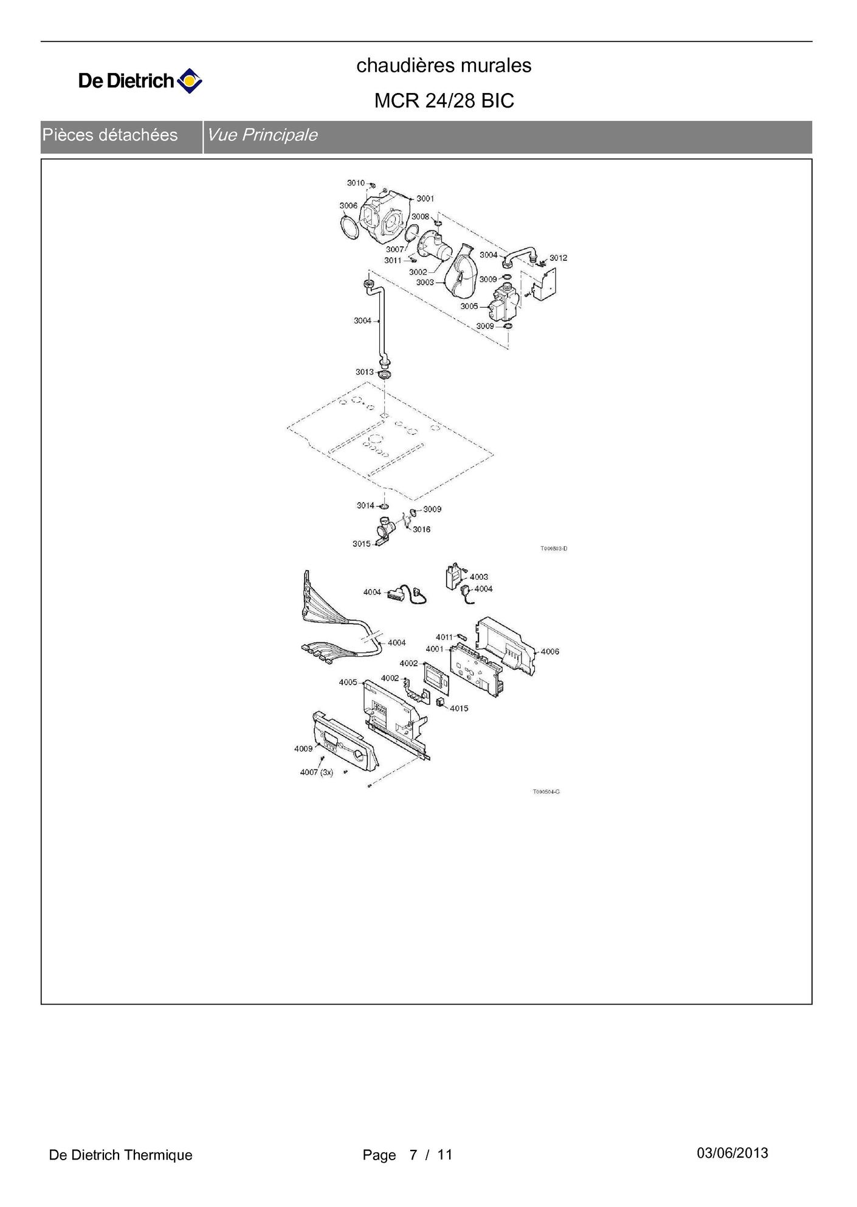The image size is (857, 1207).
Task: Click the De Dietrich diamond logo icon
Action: tap(189, 81)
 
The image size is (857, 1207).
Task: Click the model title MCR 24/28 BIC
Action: tap(444, 100)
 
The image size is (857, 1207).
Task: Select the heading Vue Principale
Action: tap(262, 135)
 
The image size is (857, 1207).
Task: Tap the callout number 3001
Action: tap(425, 199)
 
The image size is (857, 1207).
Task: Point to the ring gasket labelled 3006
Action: tap(350, 230)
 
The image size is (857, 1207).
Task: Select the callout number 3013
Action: tap(365, 372)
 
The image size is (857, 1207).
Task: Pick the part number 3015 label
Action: tap(362, 544)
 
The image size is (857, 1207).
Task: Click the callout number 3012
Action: tap(559, 258)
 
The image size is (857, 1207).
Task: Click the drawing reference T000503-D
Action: tap(554, 549)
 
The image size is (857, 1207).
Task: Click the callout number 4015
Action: tap(459, 709)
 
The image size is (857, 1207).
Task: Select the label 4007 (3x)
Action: tap(316, 772)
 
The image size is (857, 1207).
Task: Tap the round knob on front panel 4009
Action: tap(360, 757)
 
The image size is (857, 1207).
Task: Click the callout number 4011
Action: tap(444, 638)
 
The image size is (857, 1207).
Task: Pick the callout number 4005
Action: tap(348, 683)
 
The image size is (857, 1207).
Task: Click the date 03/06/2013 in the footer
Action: tap(732, 1153)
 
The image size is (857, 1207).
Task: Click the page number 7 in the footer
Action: tap(413, 1155)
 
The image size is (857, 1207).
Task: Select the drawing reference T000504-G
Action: tap(546, 792)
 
